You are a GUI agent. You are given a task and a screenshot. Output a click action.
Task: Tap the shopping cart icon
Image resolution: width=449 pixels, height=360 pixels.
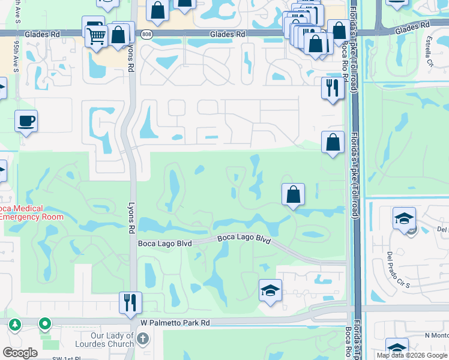[x=96, y=36]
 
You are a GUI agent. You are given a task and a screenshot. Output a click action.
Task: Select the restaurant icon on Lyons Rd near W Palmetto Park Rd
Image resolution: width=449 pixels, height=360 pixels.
[x=130, y=303]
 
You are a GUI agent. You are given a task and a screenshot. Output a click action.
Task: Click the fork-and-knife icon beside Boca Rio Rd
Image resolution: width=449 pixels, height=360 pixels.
[x=332, y=88]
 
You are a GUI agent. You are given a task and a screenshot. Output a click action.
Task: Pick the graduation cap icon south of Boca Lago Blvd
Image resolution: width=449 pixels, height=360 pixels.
[x=270, y=292]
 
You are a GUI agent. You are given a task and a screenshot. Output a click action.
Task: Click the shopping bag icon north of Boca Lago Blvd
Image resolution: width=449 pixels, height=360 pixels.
[x=293, y=194]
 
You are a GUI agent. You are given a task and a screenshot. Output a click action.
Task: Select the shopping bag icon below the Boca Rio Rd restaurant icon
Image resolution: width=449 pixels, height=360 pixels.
[x=333, y=143]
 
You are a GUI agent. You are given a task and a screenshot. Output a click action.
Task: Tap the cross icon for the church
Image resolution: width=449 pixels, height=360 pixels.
[x=142, y=338]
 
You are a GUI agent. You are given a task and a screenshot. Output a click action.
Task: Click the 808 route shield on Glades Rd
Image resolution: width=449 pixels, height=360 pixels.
[x=147, y=35]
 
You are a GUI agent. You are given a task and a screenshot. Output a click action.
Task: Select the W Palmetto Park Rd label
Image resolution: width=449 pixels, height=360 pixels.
[x=175, y=322]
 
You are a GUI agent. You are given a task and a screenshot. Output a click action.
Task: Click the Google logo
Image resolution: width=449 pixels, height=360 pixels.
[x=20, y=353]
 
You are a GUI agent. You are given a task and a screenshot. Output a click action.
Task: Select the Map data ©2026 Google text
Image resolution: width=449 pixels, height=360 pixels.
[x=411, y=355]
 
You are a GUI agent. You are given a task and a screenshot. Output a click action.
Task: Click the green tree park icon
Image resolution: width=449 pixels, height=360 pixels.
[x=14, y=325]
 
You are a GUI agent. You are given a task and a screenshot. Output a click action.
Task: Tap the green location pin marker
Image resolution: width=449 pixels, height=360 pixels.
[x=44, y=325]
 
